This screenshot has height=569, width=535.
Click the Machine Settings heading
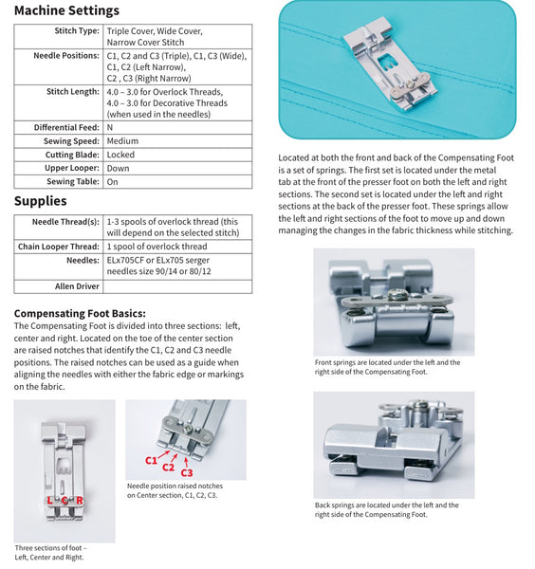66,11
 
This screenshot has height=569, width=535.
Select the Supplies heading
40,201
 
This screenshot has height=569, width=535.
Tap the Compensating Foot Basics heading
80,313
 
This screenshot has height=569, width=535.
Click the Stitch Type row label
77,30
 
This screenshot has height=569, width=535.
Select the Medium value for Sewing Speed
122,140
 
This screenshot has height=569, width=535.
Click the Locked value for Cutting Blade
120,154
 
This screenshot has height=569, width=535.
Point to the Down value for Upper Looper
118,167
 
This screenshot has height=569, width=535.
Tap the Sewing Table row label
73,181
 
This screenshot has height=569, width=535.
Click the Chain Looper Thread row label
58,247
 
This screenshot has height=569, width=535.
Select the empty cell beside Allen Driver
177,285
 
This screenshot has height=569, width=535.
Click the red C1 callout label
151,459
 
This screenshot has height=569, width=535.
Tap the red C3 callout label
186,471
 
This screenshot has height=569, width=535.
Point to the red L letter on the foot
49,500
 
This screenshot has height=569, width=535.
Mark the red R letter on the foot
80,500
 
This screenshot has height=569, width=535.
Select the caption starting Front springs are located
387,367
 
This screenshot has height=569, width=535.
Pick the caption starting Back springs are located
387,509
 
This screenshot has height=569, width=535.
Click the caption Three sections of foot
50,552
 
